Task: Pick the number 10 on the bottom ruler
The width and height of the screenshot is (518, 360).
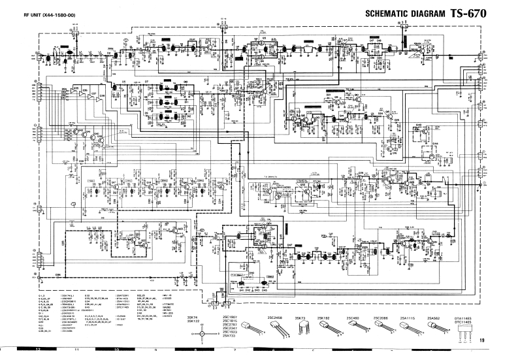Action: point(116,352)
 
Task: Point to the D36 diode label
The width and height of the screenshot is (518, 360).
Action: point(57,274)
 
